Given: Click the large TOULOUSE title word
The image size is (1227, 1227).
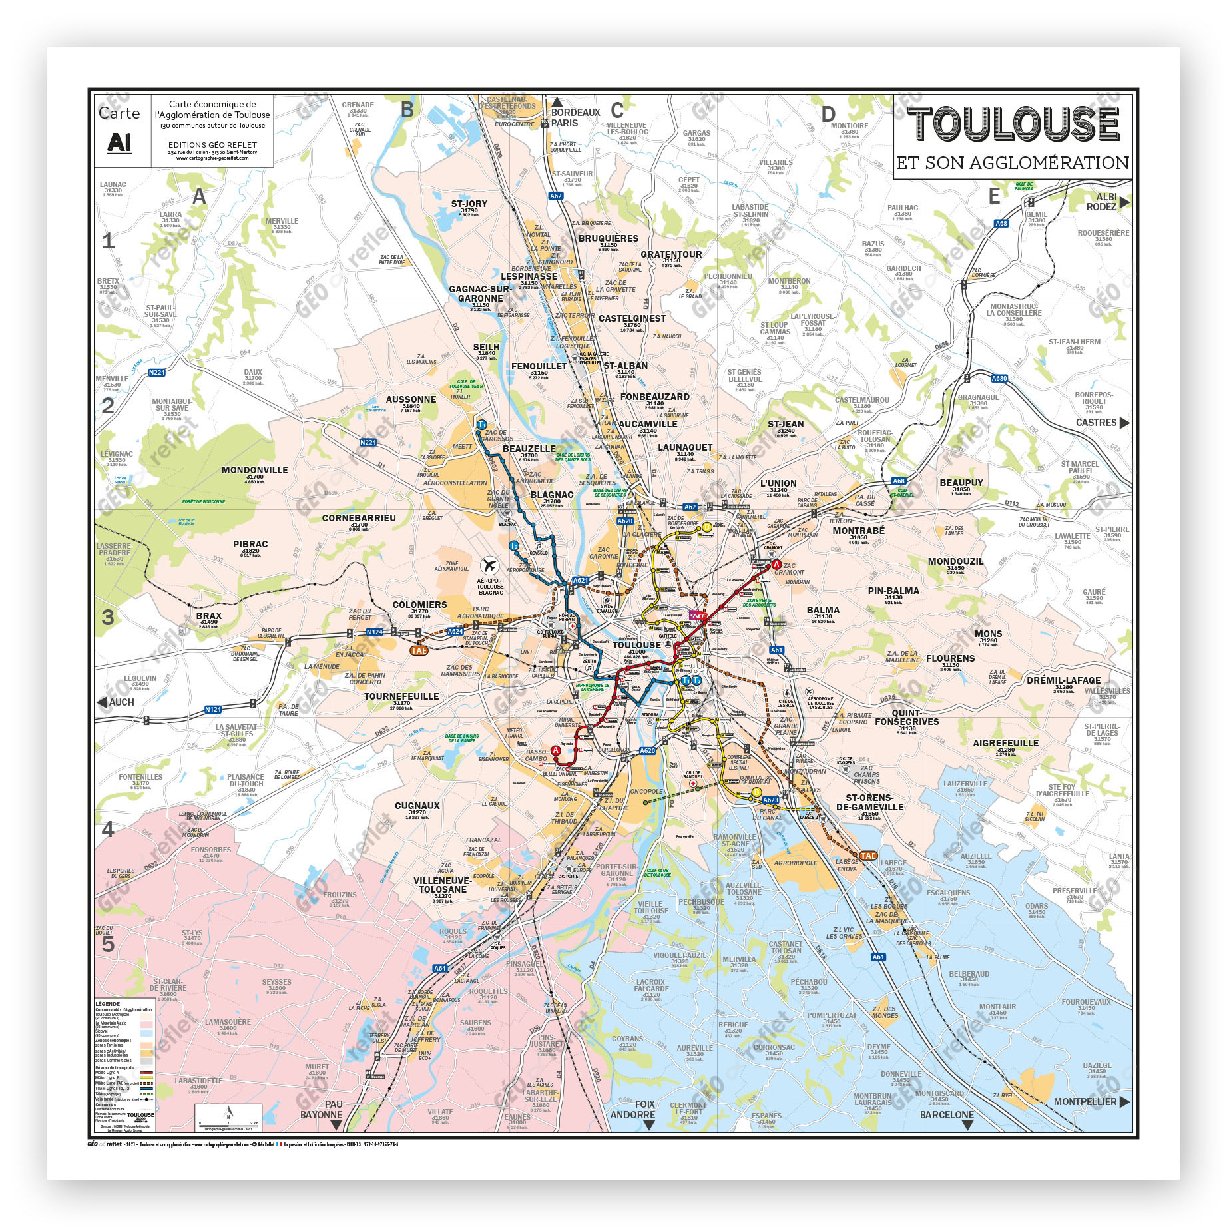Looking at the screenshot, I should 1013,124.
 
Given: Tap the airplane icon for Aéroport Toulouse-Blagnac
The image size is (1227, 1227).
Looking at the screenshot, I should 490,566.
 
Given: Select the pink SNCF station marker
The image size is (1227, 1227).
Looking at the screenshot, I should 697,616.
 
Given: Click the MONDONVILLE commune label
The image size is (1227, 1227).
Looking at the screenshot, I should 254,470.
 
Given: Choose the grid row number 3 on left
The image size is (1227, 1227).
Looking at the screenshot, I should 108,617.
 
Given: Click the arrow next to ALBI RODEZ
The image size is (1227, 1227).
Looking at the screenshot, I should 1124,202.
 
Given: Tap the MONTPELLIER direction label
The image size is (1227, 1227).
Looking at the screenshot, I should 1085,1101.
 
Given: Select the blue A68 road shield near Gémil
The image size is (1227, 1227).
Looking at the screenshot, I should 1001,224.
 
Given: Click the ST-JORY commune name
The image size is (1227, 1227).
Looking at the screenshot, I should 469,204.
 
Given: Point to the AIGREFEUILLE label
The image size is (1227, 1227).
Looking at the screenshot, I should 1005,743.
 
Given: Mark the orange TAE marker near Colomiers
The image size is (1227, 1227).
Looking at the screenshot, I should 419,650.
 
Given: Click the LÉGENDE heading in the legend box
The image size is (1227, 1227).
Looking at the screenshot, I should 107,1004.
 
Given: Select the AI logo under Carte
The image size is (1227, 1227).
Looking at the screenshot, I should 119,142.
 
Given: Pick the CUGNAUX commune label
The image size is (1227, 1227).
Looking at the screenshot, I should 417,806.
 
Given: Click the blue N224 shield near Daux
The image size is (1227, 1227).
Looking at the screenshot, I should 156,373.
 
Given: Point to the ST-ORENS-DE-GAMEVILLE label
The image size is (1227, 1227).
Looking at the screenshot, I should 869,802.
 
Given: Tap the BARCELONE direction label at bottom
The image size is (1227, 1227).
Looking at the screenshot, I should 946,1114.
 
